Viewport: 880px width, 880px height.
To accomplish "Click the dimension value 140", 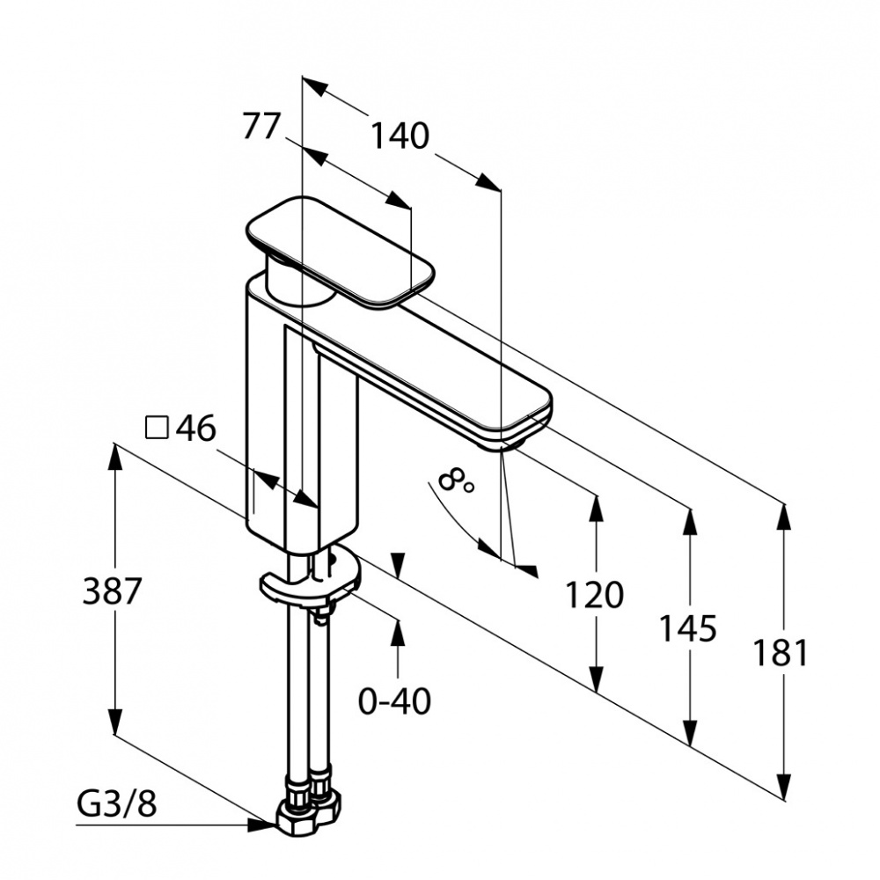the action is pos(400,136).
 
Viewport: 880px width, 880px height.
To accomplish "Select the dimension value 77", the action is pos(261,126).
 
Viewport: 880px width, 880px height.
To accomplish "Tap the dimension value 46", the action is pos(196,429).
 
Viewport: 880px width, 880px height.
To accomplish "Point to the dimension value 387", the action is pos(111,591).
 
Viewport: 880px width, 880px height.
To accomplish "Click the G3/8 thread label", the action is pos(117,805).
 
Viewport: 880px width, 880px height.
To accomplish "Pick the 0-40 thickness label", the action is pos(394,701).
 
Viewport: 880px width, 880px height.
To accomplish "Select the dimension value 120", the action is pos(594,595).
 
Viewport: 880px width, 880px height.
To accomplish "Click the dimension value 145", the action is pos(687,628).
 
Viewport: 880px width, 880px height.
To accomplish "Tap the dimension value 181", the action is pos(781,653).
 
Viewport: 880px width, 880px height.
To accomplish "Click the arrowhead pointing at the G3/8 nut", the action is pos(264,825).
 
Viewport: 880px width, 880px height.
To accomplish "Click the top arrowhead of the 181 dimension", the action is pos(784,517).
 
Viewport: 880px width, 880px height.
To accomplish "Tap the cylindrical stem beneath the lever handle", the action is pos(293,279).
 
